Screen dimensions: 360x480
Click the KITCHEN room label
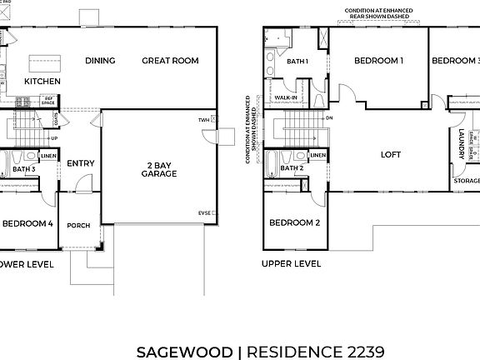pos(41,82)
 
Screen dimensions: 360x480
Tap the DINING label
pos(100,60)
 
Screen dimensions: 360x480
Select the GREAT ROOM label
pos(169,60)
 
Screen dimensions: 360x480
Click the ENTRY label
pos(80,163)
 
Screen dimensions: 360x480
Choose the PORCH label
pos(78,225)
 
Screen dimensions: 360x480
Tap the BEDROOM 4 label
pos(27,223)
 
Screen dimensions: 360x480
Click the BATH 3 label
pos(24,170)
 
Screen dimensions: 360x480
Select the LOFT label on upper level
pos(392,154)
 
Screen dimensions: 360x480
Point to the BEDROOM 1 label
pos(378,60)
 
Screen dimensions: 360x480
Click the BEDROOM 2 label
pos(294,223)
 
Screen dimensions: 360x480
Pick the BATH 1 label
pos(297,62)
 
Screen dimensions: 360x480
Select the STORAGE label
pos(467,181)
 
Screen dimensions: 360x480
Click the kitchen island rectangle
pos(41,62)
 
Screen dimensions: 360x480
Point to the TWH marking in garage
pos(202,120)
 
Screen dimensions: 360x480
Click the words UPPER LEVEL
pos(291,264)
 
